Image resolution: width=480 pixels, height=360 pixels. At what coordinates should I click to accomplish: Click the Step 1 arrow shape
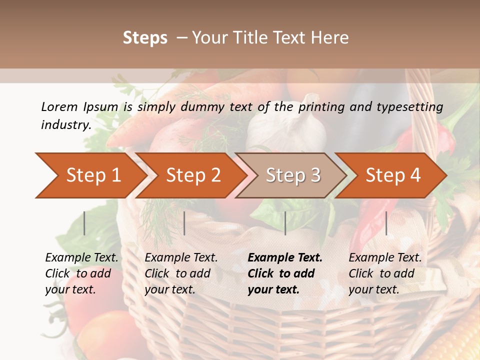coord(90,175)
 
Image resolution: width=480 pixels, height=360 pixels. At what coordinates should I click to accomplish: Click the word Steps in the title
coord(145,37)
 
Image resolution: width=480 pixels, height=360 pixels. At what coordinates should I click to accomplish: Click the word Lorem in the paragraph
coord(59,106)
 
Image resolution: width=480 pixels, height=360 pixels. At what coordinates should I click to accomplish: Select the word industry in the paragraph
coord(65,124)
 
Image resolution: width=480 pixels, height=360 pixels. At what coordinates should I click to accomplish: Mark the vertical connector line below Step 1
coord(84,223)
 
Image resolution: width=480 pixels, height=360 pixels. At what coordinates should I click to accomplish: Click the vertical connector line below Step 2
coord(184,223)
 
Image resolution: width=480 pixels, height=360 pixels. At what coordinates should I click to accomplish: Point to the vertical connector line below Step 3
coord(285,223)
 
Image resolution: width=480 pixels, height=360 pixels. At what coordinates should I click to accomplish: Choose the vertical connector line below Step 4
coord(386,223)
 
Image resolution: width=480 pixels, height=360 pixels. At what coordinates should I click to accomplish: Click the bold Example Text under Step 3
coord(285,257)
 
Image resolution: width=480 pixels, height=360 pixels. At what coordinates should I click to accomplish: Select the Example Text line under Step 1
coord(81,257)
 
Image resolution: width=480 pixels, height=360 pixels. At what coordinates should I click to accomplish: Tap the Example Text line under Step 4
coord(385,257)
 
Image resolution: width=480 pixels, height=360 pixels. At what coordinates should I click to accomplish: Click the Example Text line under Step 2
coord(181,257)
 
